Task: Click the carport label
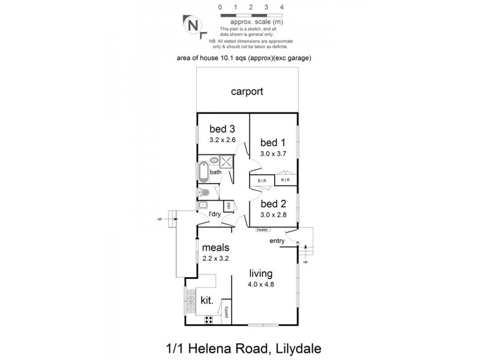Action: point(248,92)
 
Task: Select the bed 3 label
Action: point(222,129)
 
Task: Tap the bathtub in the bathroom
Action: point(203,172)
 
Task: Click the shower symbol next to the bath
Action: point(227,161)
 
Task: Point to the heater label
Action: point(262,229)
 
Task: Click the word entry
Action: point(277,241)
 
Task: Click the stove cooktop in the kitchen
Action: point(208,318)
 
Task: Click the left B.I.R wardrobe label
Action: point(262,180)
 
